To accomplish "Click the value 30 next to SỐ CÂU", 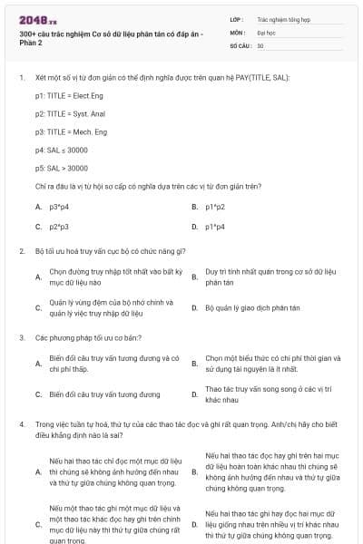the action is (x=260, y=44).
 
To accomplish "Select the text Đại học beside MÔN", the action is (x=266, y=31).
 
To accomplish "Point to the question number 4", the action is (x=21, y=423).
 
